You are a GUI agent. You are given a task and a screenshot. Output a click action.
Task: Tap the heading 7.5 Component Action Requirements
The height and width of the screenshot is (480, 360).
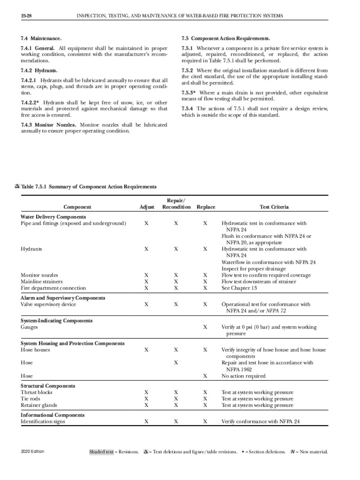225,38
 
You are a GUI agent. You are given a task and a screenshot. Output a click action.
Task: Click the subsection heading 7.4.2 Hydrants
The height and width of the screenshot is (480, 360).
39,70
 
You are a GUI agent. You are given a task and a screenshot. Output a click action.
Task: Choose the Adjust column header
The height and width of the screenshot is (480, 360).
147,207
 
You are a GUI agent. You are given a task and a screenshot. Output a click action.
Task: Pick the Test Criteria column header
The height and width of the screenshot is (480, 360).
274,207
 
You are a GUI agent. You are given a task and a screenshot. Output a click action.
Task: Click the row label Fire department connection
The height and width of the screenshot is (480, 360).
53,288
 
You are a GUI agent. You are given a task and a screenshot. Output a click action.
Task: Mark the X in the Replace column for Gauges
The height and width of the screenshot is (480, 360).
205,327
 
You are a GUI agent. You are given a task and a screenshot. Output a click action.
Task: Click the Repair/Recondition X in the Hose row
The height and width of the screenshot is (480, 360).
176,363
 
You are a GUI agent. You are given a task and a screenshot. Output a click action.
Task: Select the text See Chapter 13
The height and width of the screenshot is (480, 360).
239,288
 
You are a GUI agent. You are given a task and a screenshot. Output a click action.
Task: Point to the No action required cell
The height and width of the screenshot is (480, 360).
243,376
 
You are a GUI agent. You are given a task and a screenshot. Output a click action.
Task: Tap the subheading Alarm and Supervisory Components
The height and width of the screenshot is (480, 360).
63,298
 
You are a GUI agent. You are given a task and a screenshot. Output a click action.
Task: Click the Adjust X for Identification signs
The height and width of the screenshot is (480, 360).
147,421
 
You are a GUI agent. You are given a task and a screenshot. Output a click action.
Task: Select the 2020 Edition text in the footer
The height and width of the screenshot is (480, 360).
32,452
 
